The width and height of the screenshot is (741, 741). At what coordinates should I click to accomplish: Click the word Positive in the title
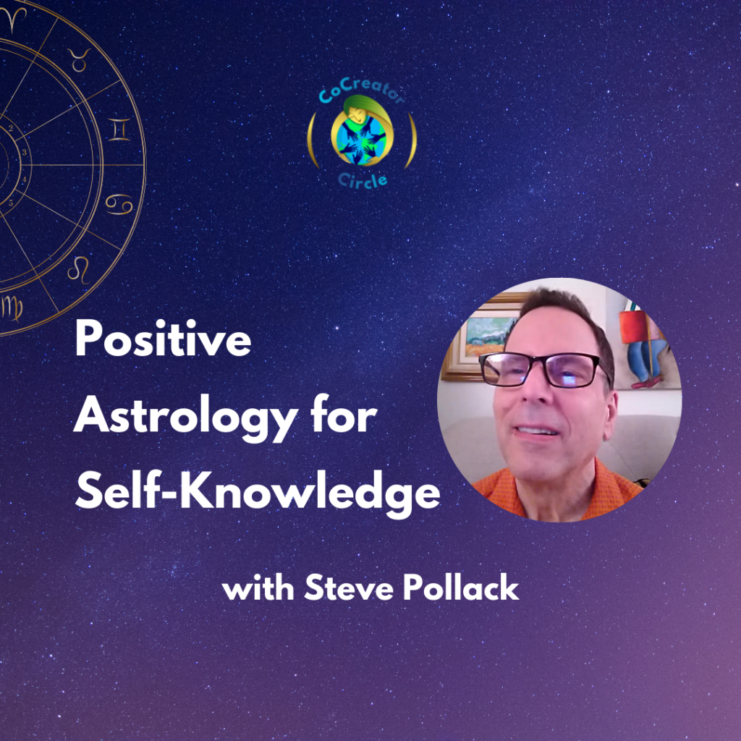[x=163, y=338]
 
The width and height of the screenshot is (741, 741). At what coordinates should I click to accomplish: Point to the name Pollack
[x=461, y=588]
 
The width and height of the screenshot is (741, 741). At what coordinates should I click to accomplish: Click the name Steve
[x=349, y=588]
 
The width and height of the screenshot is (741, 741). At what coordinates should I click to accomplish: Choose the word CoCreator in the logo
[x=362, y=91]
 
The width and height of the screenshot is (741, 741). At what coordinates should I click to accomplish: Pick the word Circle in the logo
[x=363, y=180]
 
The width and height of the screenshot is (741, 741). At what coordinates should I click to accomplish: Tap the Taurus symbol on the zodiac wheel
[x=79, y=59]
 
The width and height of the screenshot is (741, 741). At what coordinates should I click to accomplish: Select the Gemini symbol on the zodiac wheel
[x=119, y=130]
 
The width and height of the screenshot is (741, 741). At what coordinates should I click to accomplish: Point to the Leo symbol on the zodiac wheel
[x=78, y=269]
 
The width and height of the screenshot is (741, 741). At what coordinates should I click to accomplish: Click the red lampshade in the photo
[x=633, y=326]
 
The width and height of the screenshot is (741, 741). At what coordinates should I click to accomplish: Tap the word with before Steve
[x=258, y=588]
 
